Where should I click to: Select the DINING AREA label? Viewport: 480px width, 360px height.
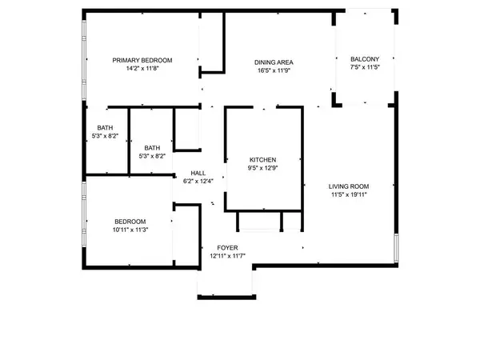(273, 62)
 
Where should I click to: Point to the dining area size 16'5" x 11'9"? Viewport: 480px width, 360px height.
(273, 70)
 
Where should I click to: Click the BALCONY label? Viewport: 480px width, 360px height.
(365, 59)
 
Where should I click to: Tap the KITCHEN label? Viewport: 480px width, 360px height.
(262, 159)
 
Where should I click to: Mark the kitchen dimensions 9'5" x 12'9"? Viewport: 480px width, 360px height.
(262, 168)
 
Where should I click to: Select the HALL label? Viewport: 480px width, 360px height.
(198, 173)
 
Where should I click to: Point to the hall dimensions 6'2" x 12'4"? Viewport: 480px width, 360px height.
(198, 182)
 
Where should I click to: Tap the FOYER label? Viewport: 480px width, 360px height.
(226, 248)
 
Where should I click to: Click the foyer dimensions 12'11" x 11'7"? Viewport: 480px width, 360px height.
(226, 257)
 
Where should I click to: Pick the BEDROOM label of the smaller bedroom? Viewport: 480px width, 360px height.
(130, 222)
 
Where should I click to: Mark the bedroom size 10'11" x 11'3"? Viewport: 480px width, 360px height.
(130, 230)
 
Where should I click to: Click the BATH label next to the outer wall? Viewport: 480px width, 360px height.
(105, 128)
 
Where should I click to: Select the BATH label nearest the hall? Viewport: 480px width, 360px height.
(152, 147)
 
